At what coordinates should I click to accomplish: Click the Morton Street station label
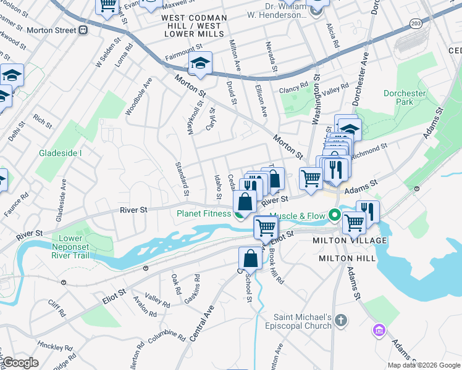tap(52, 30)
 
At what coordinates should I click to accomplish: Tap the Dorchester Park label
tap(405, 97)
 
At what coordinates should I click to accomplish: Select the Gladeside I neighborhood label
tap(61, 153)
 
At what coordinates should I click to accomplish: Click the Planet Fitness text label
tap(203, 214)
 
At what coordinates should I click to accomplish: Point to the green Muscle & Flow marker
tap(335, 216)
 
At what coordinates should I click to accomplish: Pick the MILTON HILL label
tap(346, 258)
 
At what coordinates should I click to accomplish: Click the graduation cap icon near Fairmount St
tap(199, 64)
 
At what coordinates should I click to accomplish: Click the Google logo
tap(20, 363)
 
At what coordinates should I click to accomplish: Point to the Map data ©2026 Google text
tap(424, 365)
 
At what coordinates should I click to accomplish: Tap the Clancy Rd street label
tap(293, 89)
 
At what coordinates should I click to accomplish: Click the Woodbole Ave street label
tap(138, 96)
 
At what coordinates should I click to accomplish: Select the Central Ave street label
tap(201, 323)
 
